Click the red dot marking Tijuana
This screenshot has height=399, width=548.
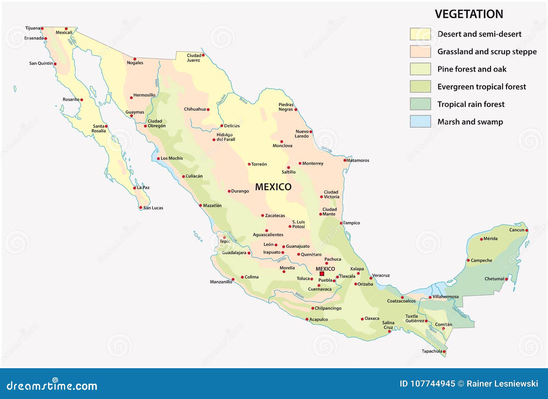(x=42, y=29)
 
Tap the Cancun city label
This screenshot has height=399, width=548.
(x=516, y=230)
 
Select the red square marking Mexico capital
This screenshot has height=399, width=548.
(x=322, y=274)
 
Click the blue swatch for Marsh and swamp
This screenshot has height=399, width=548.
(x=420, y=121)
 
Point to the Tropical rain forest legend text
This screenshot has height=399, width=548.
(x=471, y=104)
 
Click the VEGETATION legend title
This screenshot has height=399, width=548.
(x=469, y=14)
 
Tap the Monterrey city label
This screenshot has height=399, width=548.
(x=313, y=164)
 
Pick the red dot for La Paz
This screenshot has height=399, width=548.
(x=135, y=188)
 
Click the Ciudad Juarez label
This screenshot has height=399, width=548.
(x=194, y=58)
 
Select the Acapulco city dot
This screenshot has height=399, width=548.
(x=307, y=319)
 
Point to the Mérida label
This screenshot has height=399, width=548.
(x=490, y=239)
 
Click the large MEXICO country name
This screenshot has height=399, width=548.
(x=273, y=187)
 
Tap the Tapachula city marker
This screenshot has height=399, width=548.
(x=444, y=351)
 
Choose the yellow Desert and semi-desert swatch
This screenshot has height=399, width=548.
(x=420, y=34)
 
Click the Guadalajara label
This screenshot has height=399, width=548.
(x=234, y=253)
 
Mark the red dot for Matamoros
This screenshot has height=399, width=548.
(x=345, y=160)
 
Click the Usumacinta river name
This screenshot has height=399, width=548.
(x=459, y=312)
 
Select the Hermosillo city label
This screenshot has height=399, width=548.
(x=144, y=95)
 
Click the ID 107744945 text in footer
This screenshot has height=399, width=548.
(x=427, y=384)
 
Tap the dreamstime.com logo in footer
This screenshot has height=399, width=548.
(x=52, y=385)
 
